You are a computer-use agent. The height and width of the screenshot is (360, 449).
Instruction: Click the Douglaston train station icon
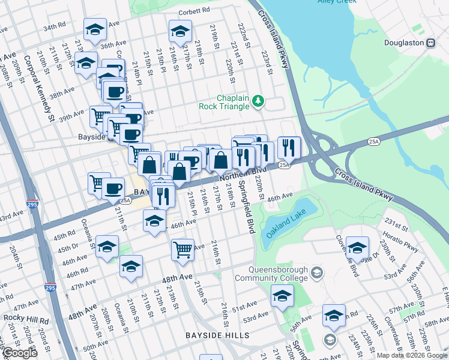[x=430, y=43]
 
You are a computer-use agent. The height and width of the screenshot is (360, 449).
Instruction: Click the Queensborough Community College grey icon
[x=317, y=274]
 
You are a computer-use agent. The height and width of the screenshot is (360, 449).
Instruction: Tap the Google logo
[x=19, y=353]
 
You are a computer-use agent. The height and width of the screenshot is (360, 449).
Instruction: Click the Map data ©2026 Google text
[x=412, y=355]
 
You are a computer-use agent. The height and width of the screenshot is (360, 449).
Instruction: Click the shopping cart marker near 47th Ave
[x=182, y=248]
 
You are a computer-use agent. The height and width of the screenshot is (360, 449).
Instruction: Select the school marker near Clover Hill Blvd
[x=357, y=247]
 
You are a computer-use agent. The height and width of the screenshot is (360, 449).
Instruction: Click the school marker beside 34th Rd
[x=95, y=29]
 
